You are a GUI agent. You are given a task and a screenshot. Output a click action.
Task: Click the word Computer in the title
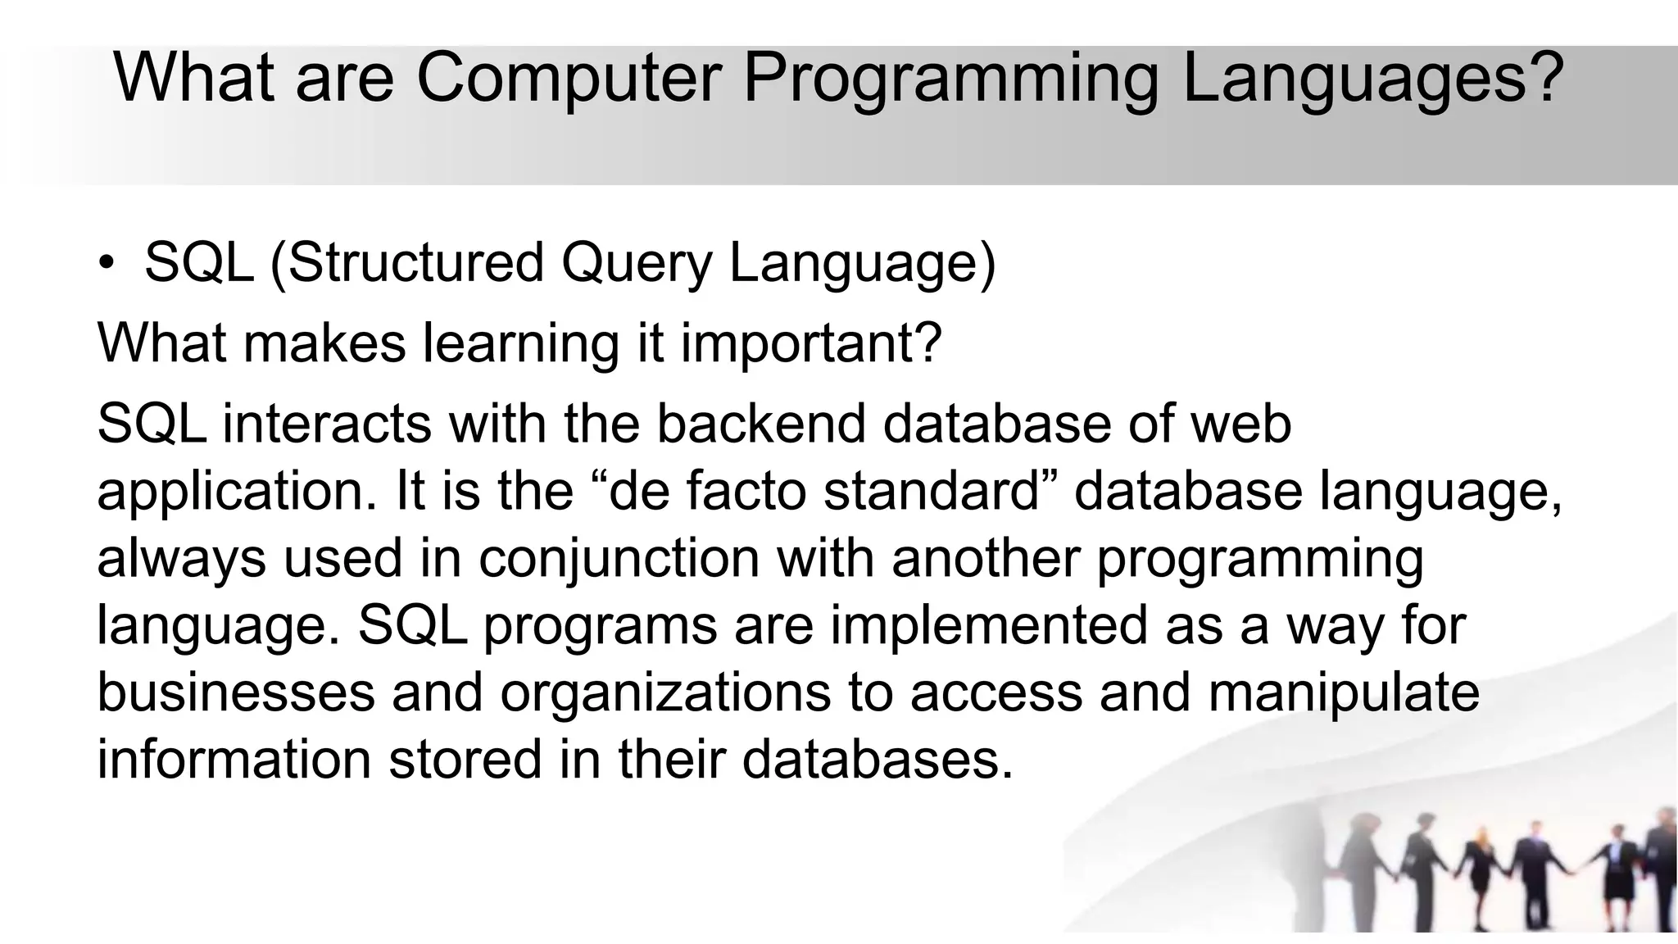(569, 77)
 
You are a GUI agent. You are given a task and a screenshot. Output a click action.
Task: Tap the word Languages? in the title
(1372, 77)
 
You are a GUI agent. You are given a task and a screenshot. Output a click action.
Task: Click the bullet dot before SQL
(107, 264)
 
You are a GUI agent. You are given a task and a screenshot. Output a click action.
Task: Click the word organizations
(664, 692)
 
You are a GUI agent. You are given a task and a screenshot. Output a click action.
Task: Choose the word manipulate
(1344, 692)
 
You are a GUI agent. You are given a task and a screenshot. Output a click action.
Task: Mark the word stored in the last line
(465, 760)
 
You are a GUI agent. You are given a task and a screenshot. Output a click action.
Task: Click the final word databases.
(877, 760)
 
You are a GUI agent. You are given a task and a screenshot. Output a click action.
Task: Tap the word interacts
(326, 424)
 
